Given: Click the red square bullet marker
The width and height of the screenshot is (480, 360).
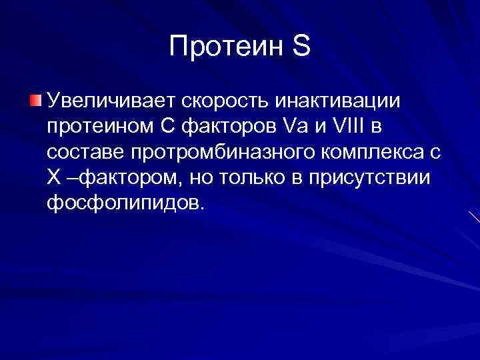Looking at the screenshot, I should coord(35,101).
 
